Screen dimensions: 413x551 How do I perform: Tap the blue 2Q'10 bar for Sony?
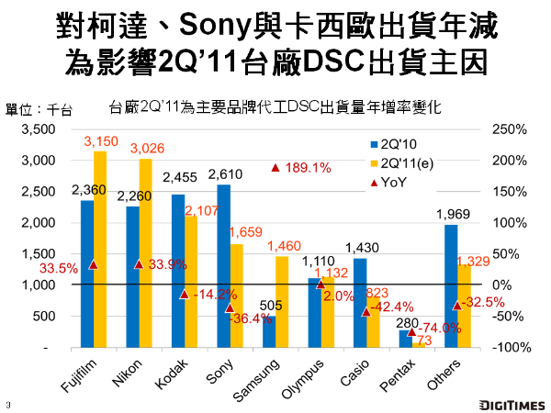(x=224, y=266)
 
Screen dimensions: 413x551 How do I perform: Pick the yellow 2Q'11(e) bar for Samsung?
(x=282, y=302)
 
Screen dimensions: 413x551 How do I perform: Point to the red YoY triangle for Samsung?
(x=275, y=168)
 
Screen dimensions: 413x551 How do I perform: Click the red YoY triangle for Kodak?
(x=185, y=294)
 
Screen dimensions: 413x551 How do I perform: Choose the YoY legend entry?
(x=394, y=182)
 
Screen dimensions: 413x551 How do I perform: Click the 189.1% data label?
(x=309, y=168)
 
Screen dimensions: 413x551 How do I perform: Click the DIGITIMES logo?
(x=511, y=402)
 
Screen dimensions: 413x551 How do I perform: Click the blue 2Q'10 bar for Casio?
(x=360, y=303)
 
